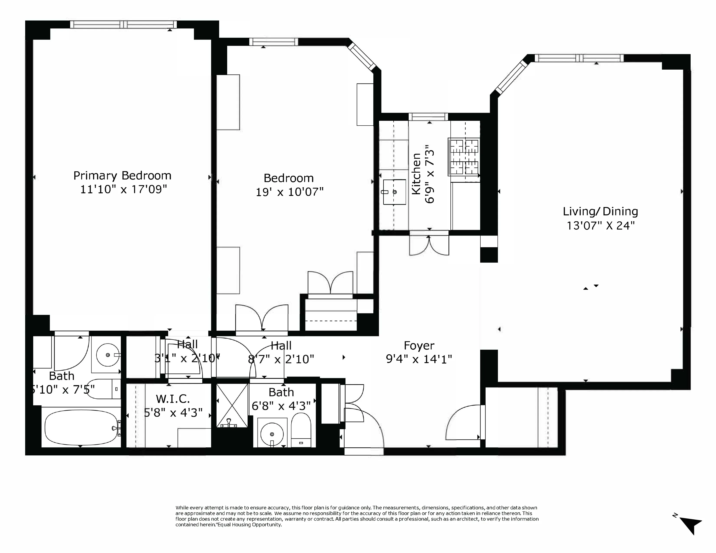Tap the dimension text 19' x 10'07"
click(289, 192)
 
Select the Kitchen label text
click(416, 174)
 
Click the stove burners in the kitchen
click(464, 157)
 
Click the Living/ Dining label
click(600, 212)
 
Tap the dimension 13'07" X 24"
click(600, 226)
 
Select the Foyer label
click(419, 346)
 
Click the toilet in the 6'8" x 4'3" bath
click(301, 427)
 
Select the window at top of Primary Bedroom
click(123, 24)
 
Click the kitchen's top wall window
click(428, 117)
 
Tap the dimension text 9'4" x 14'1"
click(419, 359)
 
